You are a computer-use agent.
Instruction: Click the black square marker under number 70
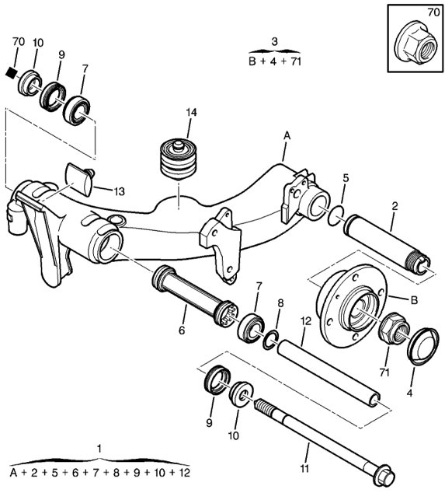coord(12,73)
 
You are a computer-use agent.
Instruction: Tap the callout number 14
coord(191,112)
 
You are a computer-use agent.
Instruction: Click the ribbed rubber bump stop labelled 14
coord(179,159)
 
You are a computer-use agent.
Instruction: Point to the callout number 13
coord(120,191)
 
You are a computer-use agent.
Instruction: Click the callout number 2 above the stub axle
coord(395,206)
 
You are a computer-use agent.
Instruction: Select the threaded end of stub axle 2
coord(419,262)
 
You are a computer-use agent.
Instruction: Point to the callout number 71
coord(384,372)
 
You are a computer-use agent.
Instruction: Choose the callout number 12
coord(305,321)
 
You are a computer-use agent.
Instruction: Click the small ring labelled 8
coord(271,340)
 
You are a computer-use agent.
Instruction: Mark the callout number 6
coord(182,330)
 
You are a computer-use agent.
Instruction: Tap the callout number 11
coord(304,469)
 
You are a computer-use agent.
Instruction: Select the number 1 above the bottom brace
coord(99,449)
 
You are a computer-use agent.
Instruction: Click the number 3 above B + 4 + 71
coord(274,41)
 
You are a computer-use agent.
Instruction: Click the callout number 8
coord(280,303)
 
